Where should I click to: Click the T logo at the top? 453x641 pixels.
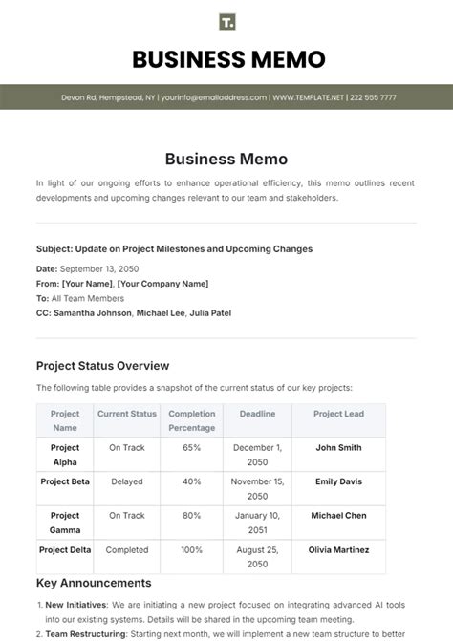click(226, 22)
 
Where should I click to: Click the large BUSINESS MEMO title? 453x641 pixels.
click(226, 60)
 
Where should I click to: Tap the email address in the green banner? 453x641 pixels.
click(213, 97)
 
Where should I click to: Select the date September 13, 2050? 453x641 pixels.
click(101, 270)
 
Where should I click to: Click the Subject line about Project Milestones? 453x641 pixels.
click(174, 249)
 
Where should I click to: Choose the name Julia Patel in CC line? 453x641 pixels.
click(205, 312)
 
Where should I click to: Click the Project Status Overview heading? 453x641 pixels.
click(102, 365)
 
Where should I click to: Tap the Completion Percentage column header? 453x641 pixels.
click(191, 420)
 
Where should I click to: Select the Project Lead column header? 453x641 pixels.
click(338, 414)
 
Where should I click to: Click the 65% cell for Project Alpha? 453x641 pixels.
click(191, 447)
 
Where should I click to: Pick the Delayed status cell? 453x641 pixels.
click(126, 481)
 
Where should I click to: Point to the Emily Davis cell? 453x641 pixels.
click(338, 481)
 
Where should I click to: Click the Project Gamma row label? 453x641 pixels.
click(65, 522)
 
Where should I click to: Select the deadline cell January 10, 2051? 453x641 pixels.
click(257, 522)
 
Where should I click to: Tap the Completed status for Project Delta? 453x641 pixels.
click(126, 550)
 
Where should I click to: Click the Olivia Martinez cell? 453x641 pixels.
click(338, 550)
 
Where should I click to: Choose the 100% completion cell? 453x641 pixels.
click(191, 550)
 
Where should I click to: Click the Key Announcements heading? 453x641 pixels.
click(94, 583)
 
